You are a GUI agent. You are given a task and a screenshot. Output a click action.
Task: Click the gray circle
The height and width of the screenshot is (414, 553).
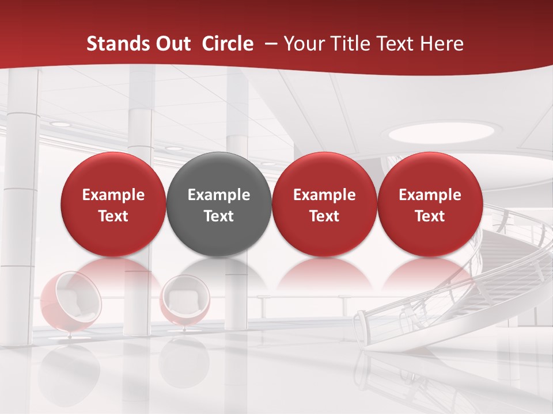point(219,204)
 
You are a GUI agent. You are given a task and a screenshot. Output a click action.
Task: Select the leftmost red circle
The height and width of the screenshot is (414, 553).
point(113,204)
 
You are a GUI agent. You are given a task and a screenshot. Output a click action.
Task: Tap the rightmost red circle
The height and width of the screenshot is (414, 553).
point(430,204)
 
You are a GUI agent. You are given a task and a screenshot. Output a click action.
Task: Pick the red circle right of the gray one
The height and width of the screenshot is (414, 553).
point(324,204)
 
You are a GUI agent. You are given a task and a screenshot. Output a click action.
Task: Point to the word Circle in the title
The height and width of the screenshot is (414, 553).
point(228,44)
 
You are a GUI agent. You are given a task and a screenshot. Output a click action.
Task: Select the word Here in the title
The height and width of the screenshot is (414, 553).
point(443,44)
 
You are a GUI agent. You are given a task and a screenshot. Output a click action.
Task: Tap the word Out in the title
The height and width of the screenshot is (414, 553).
point(173,44)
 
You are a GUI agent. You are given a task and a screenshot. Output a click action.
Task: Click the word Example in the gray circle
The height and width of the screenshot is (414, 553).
point(219,195)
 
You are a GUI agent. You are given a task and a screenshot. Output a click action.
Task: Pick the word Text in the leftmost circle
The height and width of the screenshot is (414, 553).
point(113,216)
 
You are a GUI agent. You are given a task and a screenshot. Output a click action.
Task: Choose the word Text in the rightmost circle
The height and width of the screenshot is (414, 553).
point(430,216)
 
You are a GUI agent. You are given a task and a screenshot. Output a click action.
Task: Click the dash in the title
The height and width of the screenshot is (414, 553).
point(268,44)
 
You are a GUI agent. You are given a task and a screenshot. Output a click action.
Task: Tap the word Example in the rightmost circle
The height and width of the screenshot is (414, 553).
point(430,195)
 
